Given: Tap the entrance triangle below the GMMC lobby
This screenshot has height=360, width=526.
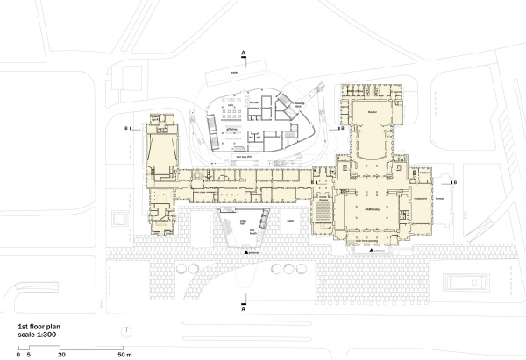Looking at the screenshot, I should pos(373,252).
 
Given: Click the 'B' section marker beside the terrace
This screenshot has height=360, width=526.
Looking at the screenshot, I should pos(452,182).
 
